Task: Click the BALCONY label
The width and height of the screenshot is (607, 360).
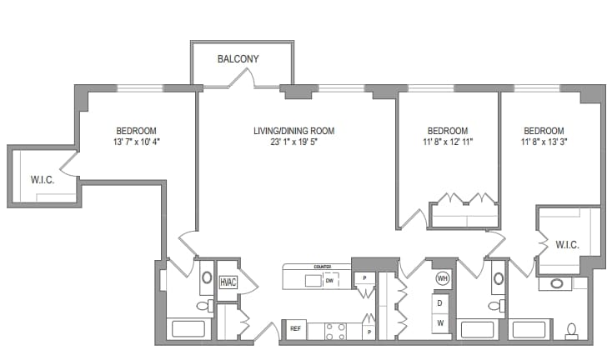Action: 238,59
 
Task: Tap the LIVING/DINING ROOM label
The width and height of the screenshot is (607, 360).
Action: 293,131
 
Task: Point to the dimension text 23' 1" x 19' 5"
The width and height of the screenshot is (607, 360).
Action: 293,142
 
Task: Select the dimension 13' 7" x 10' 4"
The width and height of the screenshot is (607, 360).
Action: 136,142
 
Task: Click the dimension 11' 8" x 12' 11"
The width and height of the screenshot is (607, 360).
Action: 448,142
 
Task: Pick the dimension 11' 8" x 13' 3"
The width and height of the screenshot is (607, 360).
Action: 544,142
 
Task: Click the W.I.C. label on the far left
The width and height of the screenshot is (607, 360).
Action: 43,179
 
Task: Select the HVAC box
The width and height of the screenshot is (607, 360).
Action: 228,282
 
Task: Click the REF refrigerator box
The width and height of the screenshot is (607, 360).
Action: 294,329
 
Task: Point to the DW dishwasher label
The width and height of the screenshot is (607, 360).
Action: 329,281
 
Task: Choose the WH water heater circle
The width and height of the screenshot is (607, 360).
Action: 442,278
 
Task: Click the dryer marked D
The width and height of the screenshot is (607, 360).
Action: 440,303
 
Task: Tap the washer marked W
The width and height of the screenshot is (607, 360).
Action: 440,322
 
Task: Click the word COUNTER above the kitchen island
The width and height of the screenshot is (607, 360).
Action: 323,267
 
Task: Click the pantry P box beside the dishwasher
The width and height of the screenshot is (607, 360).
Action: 364,278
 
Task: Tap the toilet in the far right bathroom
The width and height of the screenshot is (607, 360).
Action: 572,330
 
